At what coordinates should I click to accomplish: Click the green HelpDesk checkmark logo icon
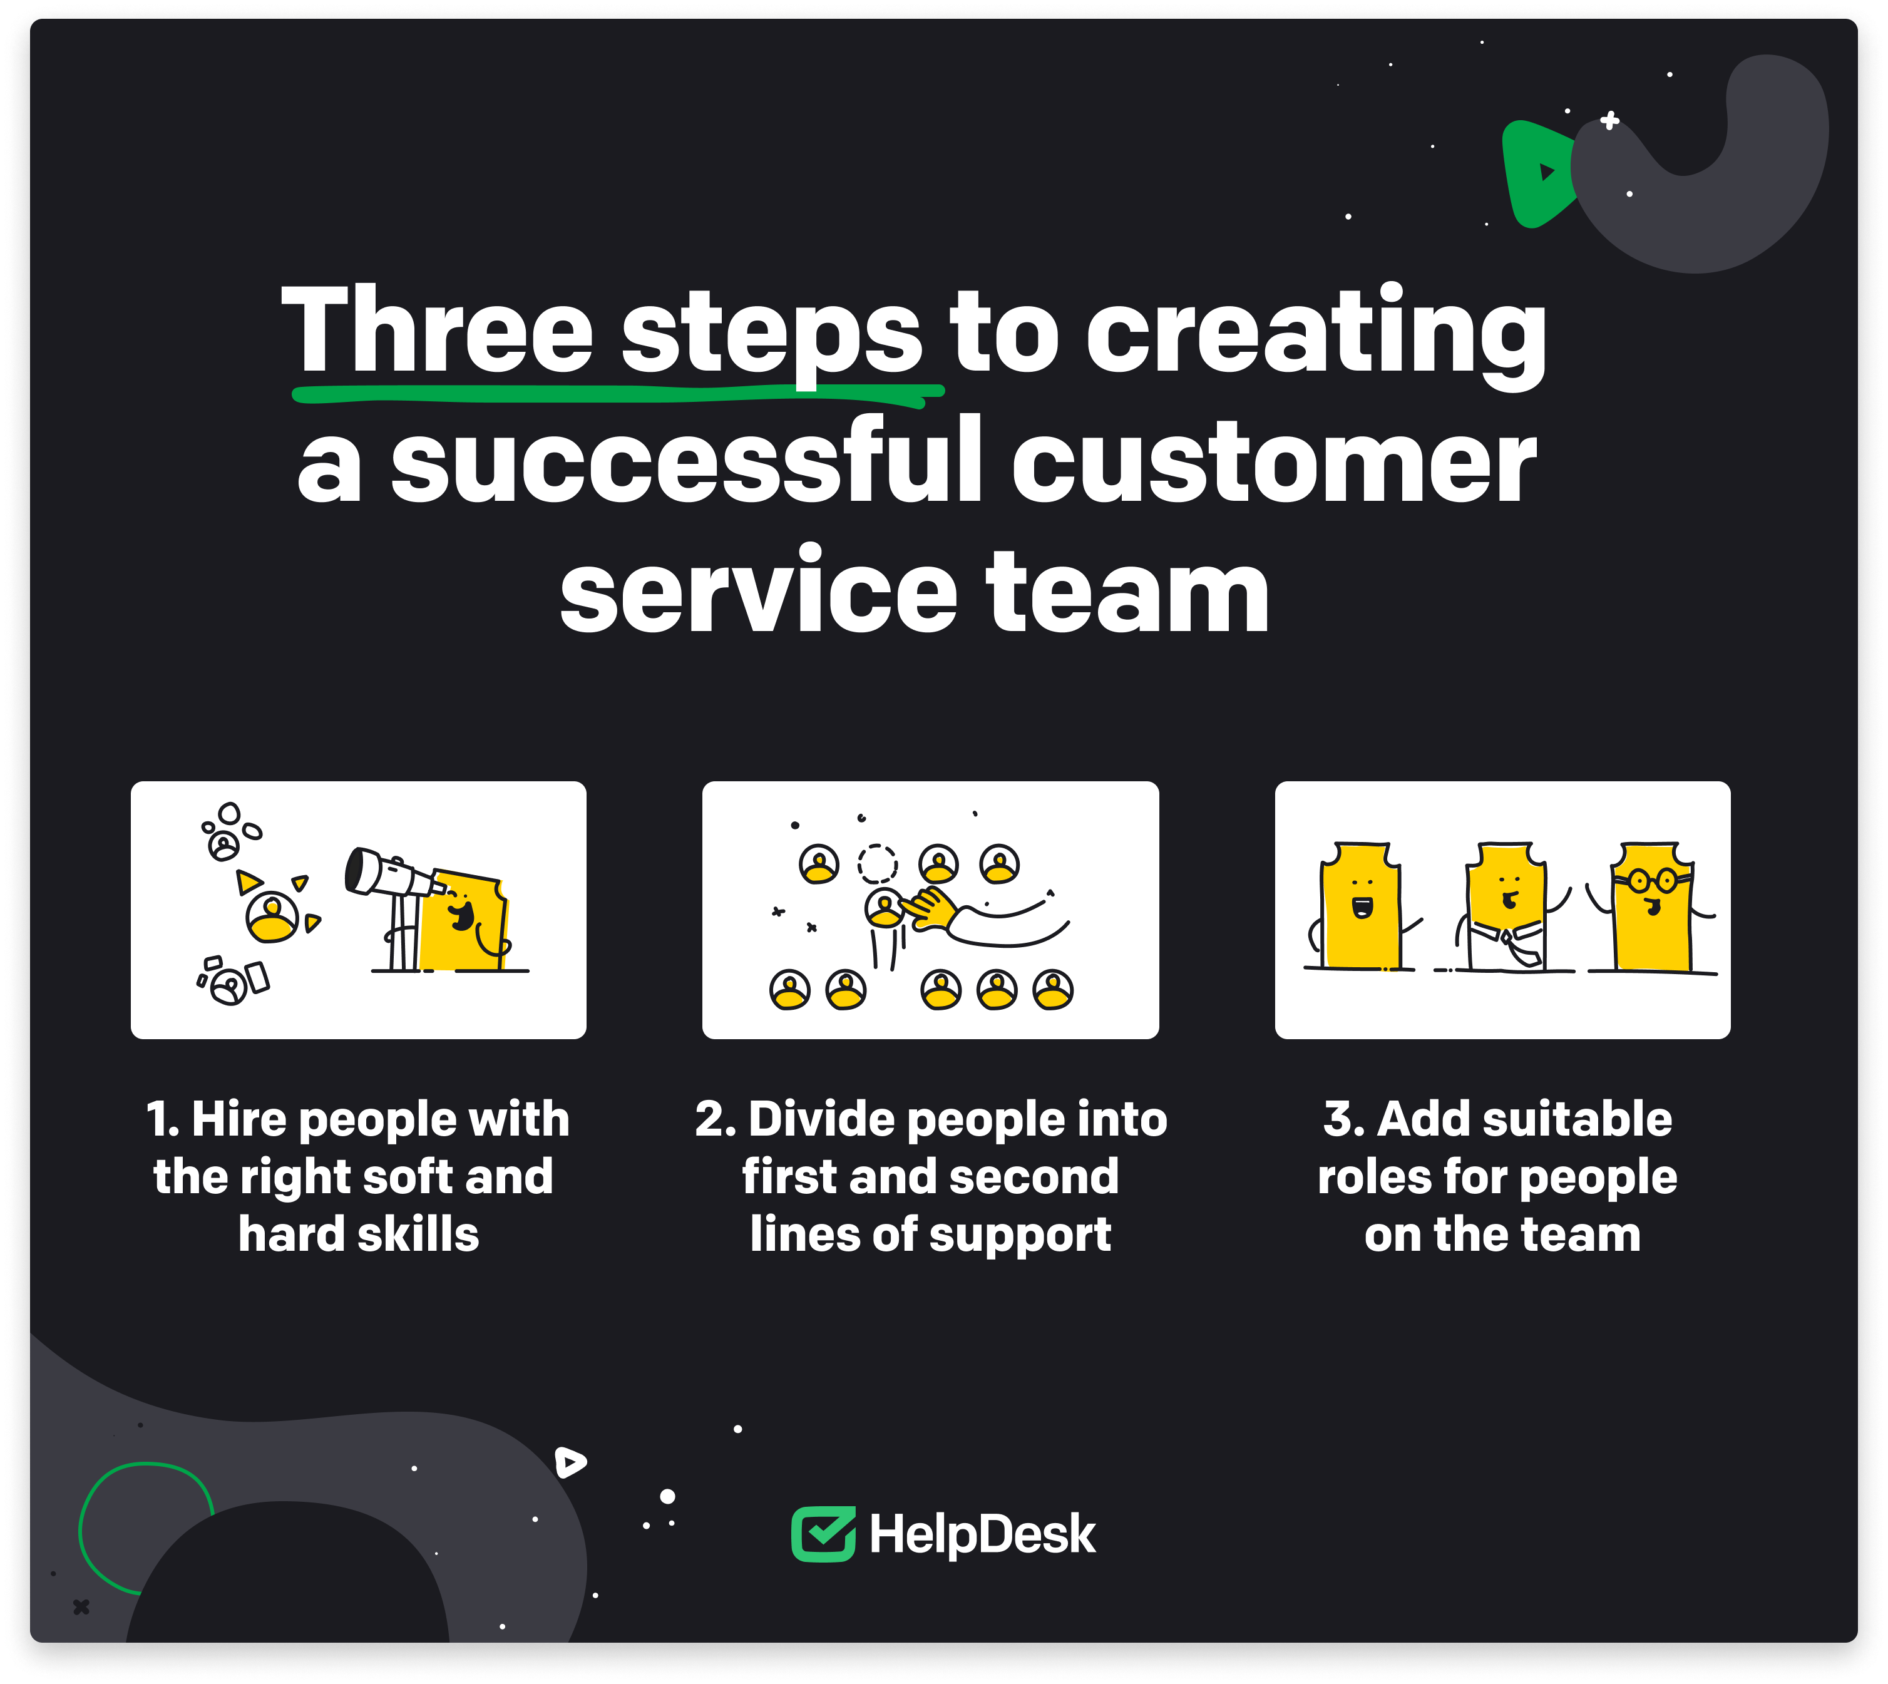pos(823,1534)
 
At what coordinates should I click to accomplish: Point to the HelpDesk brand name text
pos(982,1535)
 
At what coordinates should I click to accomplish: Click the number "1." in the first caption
pos(163,1119)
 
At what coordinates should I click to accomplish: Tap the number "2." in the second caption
pos(715,1119)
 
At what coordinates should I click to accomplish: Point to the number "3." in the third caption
pos(1343,1119)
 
